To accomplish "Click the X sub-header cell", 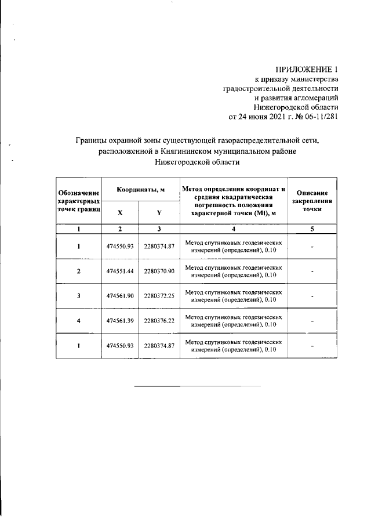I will pyautogui.click(x=120, y=212).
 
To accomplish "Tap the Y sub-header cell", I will pyautogui.click(x=159, y=212).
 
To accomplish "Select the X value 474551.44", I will pyautogui.click(x=120, y=271).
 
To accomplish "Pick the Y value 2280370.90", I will pyautogui.click(x=159, y=271).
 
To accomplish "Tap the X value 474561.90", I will pyautogui.click(x=120, y=296).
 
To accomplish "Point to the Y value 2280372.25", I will pyautogui.click(x=159, y=296).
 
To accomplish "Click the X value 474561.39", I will pyautogui.click(x=120, y=321).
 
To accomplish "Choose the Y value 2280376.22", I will pyautogui.click(x=159, y=321).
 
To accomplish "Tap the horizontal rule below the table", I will pyautogui.click(x=197, y=386).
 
